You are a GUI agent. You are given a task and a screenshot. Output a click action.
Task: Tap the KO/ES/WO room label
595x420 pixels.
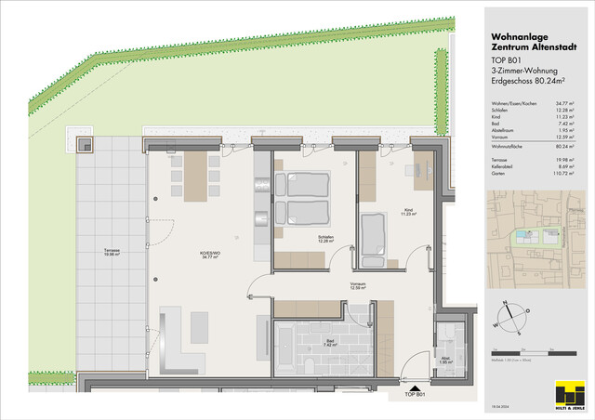coord(195,254)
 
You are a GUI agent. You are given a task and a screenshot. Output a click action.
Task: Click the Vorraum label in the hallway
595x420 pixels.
coord(357,283)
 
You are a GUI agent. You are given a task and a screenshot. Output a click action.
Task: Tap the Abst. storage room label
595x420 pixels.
coord(445,362)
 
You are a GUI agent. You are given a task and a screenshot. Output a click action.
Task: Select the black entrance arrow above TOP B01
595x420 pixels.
coord(416,382)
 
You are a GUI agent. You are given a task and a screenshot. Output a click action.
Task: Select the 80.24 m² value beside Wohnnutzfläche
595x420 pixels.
coord(562,147)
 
